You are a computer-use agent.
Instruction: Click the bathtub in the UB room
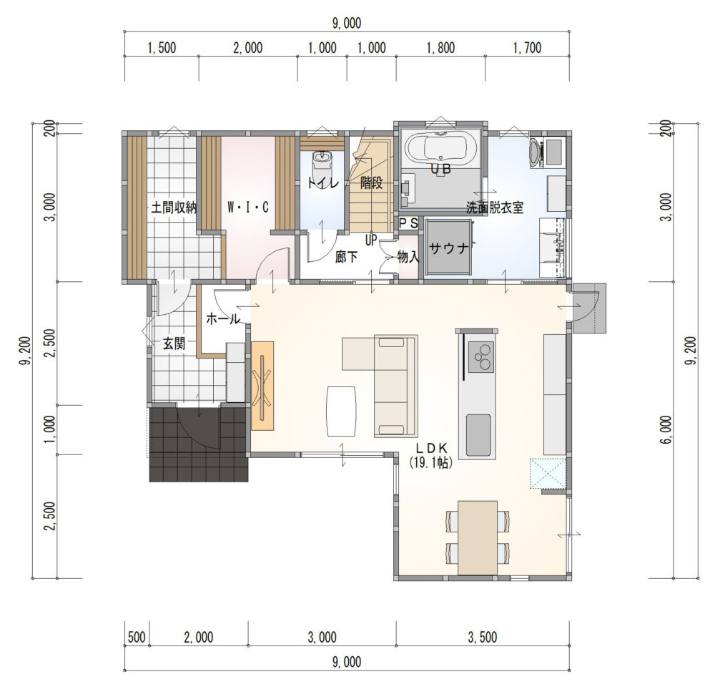(x=441, y=148)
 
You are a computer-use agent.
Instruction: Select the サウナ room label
(x=449, y=249)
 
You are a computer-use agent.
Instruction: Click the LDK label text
(x=430, y=447)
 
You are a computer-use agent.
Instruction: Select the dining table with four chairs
(x=478, y=537)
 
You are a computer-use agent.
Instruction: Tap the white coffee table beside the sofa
(x=341, y=411)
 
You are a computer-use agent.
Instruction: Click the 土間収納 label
(x=174, y=208)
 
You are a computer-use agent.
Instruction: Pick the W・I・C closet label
(x=248, y=208)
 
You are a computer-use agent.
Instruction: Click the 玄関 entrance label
(x=174, y=343)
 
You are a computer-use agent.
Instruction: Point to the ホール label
(x=223, y=318)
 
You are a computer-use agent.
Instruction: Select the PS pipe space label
(x=408, y=223)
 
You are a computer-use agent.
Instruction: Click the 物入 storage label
(x=408, y=258)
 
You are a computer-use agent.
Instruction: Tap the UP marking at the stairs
(x=370, y=239)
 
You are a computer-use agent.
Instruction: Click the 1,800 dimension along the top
(x=440, y=47)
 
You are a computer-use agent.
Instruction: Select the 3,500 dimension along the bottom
(x=483, y=637)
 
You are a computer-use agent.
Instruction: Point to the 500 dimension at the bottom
(x=137, y=637)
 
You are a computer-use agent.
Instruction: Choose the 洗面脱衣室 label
(x=495, y=208)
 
